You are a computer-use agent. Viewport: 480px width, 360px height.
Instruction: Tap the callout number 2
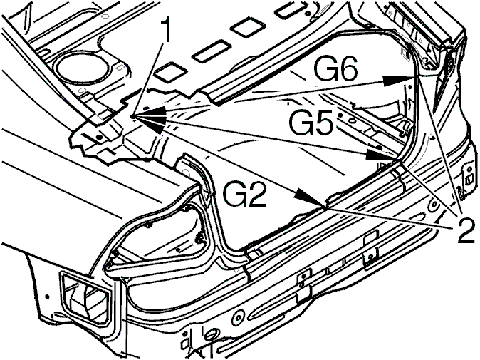pyautogui.click(x=465, y=230)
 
